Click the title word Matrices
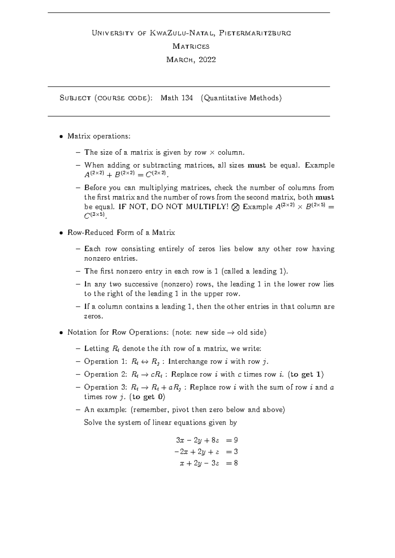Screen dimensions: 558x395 191,46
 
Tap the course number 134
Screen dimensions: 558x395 187,98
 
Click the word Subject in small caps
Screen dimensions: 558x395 75,98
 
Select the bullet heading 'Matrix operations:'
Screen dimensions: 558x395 99,136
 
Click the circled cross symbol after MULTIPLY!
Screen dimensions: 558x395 235,207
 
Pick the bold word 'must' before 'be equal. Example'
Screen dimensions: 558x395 256,165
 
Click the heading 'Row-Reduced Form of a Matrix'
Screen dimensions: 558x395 121,233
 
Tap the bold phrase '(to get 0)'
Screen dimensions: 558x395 147,397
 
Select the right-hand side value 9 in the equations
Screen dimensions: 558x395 236,440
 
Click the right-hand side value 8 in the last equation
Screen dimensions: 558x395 236,463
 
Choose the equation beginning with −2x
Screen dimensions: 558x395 205,452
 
